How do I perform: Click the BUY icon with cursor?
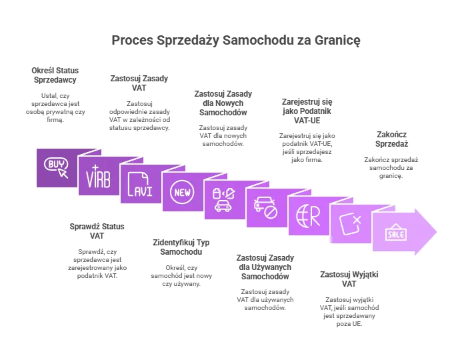coord(56,168)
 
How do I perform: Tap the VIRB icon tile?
coord(98,177)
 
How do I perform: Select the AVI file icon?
coord(140,185)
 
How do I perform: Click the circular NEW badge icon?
coord(182,192)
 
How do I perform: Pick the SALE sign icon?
coord(396,232)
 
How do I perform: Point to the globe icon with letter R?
coord(308,216)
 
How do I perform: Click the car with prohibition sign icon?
coord(265,208)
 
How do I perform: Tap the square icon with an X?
coord(351,223)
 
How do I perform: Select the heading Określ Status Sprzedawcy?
coord(55,75)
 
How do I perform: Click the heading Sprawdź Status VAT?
coord(97,231)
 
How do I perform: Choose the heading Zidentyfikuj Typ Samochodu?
coord(181,247)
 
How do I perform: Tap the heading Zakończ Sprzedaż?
coord(391,139)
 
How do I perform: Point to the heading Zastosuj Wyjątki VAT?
coord(349,279)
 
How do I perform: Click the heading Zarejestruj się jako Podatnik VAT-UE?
coord(307,111)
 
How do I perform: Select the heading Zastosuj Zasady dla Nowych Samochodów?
coord(223,103)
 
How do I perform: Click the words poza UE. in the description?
coord(349,323)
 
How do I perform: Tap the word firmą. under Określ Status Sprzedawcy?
coord(55,119)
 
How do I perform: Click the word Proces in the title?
coord(132,40)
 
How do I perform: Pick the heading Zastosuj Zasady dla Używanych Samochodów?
coord(265,267)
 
